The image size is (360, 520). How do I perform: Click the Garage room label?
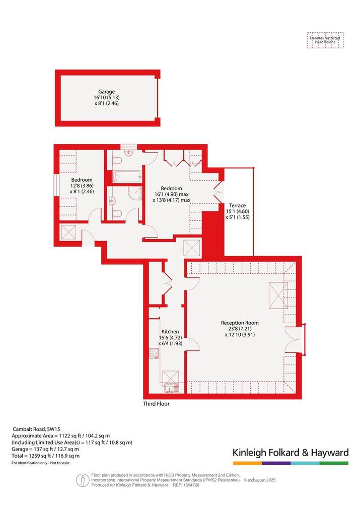coord(106,92)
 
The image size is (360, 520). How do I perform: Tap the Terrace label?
coord(237,205)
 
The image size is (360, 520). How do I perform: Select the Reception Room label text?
coord(240,323)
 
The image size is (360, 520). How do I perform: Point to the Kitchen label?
coord(170,332)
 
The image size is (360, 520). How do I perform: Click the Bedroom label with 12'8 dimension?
coord(82,180)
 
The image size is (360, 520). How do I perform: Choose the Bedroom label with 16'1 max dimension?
coord(171,188)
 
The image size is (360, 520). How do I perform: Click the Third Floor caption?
coord(156,404)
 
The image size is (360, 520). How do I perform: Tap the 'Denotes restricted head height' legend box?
coord(325,40)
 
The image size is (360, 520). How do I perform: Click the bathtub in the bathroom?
coord(127,177)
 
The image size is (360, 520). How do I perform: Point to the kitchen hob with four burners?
coord(154,353)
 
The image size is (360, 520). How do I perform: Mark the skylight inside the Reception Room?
coord(278,295)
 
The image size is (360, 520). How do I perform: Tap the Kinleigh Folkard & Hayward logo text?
coord(291,453)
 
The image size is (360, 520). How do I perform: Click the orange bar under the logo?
coord(247,463)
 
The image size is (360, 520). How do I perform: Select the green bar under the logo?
coord(334,463)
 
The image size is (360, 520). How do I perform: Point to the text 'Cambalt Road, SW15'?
coord(36,429)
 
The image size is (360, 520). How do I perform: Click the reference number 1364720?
coord(191,485)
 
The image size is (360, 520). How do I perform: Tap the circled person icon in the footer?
coord(82,480)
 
